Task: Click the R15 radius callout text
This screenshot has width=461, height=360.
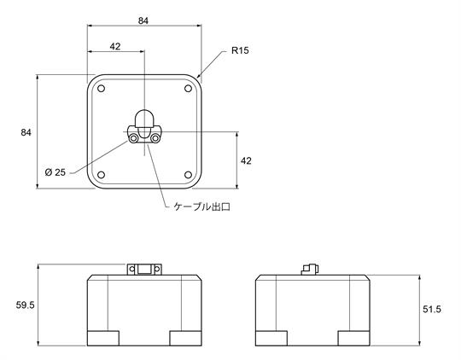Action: click(240, 50)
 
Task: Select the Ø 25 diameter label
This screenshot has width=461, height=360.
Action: click(55, 172)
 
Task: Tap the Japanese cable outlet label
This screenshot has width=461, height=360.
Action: click(201, 207)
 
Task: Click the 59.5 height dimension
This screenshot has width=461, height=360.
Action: click(26, 305)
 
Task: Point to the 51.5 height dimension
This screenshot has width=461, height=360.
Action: click(432, 309)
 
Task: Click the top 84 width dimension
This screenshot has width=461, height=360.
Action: click(143, 20)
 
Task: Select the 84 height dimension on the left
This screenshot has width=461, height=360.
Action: click(26, 132)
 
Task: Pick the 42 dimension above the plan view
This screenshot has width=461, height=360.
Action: click(115, 46)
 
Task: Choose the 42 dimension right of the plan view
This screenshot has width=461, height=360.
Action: click(246, 160)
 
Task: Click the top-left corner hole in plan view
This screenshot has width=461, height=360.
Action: click(101, 89)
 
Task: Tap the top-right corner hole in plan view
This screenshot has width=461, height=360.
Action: click(188, 89)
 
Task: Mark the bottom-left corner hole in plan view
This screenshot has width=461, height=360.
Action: click(101, 175)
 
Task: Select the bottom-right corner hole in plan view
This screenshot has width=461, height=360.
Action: click(188, 175)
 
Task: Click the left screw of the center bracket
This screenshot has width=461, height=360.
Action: click(134, 138)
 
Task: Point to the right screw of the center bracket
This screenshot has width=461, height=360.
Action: click(155, 138)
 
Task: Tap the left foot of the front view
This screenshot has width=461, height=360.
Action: click(103, 339)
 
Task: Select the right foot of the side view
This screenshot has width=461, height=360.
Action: click(354, 339)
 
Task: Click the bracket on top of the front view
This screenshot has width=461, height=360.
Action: click(144, 270)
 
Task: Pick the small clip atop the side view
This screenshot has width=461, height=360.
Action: click(310, 270)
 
